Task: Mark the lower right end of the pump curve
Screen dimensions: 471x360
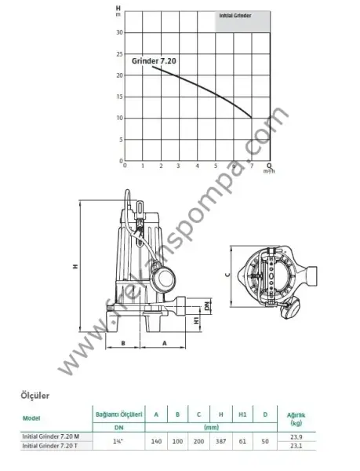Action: click(x=252, y=118)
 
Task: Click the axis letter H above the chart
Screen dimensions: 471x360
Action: click(x=118, y=9)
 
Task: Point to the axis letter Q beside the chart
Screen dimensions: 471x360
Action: click(x=270, y=165)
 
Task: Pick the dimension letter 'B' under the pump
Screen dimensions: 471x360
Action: click(x=124, y=343)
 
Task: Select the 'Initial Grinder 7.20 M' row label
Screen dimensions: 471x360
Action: click(x=54, y=436)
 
